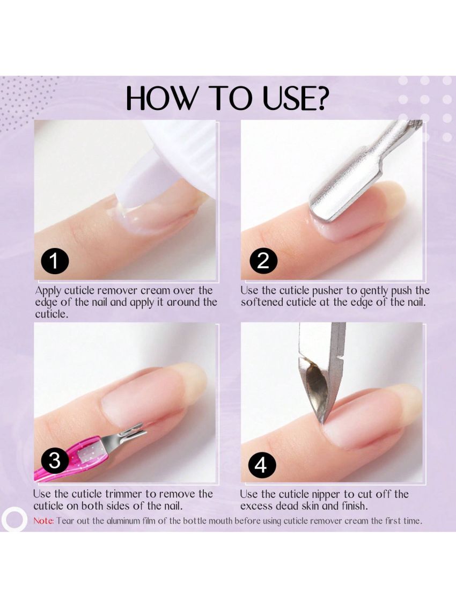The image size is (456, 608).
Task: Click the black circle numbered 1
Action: pyautogui.click(x=54, y=262)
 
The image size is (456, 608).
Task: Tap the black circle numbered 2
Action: pyautogui.click(x=263, y=261)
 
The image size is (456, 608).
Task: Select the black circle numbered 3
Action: pyautogui.click(x=55, y=460)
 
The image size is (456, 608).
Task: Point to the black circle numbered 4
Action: pyautogui.click(x=261, y=465)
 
